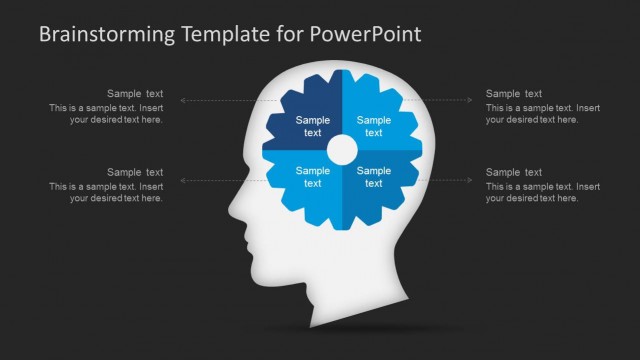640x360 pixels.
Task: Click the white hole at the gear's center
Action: (342, 151)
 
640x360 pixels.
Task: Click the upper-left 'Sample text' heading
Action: (135, 94)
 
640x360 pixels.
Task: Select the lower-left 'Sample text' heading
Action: (135, 173)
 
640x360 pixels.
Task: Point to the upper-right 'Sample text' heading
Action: (514, 94)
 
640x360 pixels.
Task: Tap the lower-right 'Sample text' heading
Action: (514, 173)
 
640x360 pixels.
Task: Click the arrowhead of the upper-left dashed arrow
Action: (183, 100)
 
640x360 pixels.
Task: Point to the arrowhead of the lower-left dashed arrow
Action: (183, 180)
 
